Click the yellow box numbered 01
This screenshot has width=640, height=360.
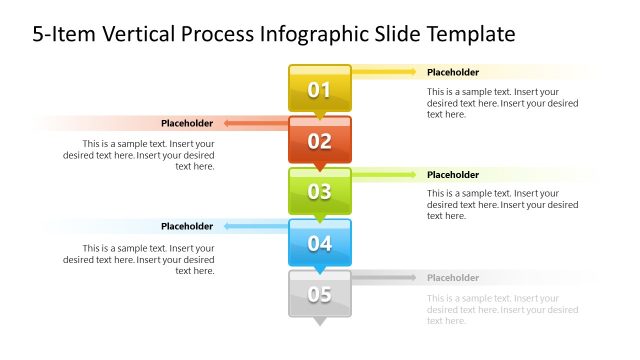coord(320,90)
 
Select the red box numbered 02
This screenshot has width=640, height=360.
coord(320,141)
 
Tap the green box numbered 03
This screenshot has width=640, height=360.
coord(320,192)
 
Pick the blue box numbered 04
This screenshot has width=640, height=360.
coord(320,243)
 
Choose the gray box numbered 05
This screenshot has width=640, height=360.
coord(320,294)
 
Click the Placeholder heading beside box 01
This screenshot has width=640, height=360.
coord(453,72)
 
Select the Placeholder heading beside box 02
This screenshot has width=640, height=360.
coord(187,123)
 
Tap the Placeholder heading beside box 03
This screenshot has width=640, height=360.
coord(453,175)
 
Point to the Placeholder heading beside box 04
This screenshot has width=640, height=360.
coord(187,226)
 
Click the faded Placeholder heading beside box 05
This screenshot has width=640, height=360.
coord(453,277)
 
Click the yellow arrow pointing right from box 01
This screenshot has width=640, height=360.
coord(385,72)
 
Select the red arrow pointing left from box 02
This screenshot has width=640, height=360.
coord(255,124)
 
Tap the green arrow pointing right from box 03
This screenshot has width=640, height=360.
coord(385,175)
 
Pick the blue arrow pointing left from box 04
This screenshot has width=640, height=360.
coord(255,226)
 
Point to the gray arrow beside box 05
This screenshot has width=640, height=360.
coord(385,277)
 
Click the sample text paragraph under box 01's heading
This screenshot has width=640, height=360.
coord(502,103)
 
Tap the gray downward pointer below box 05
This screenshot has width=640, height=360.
coord(320,322)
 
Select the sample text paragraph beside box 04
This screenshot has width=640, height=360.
coord(139,259)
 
